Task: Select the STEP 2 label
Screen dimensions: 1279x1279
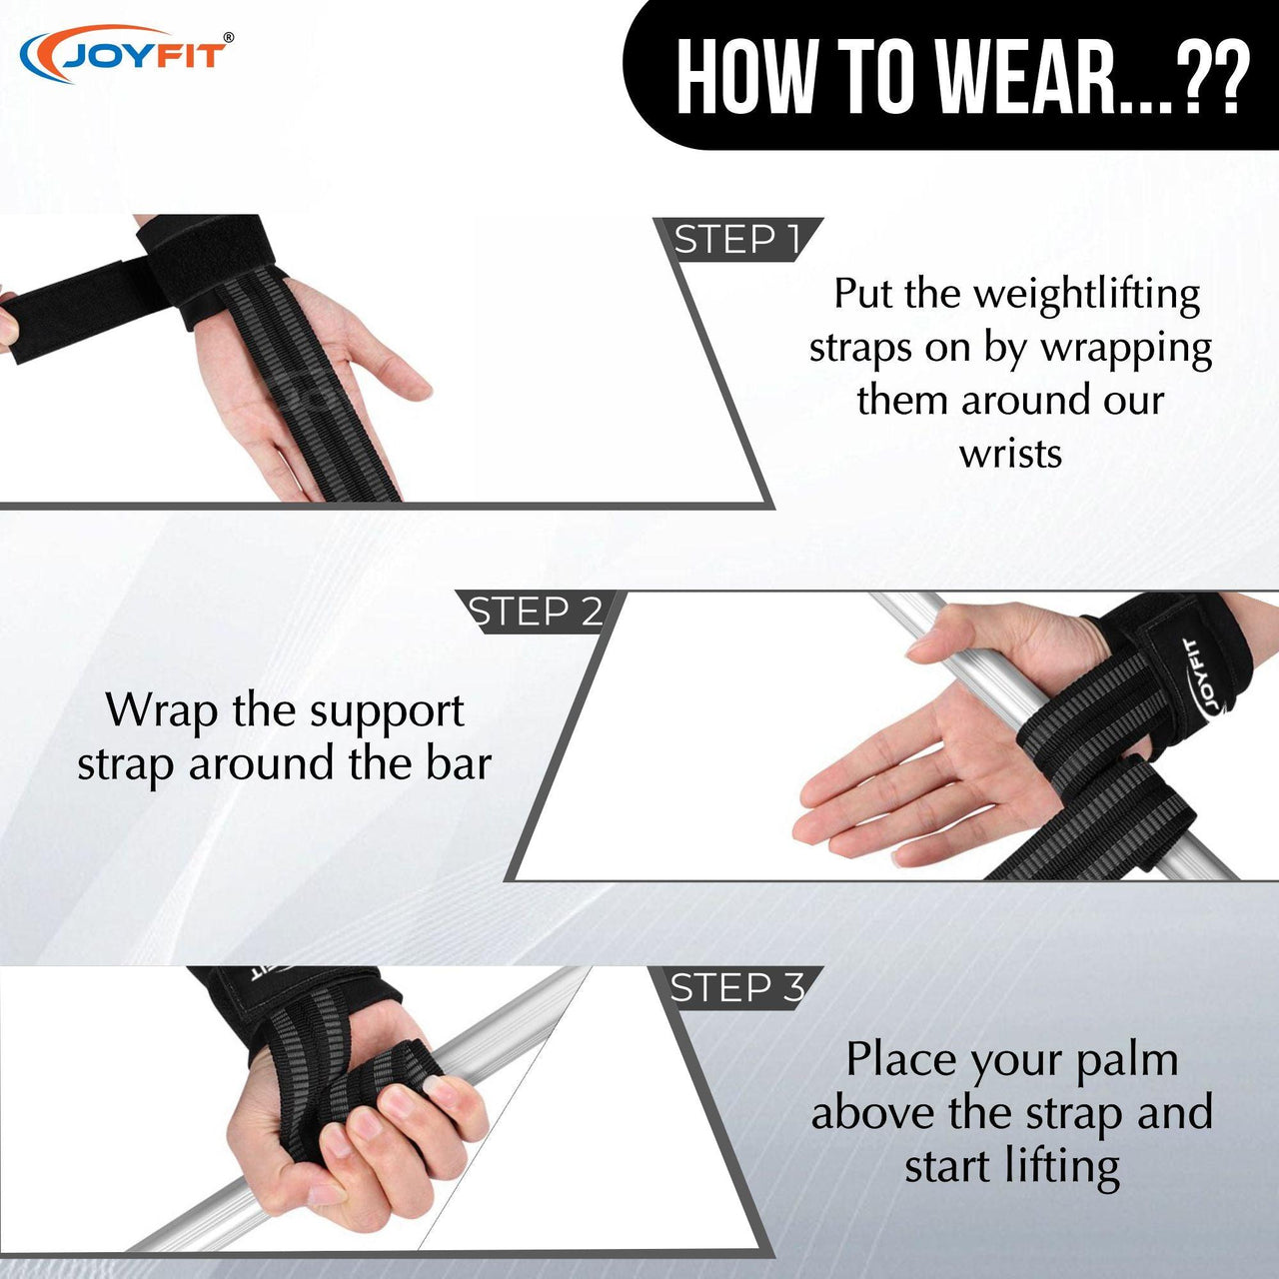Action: (535, 612)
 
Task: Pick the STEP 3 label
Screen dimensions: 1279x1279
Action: (737, 988)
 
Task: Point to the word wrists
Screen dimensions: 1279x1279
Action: (1011, 455)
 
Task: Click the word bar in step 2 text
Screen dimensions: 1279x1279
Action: (458, 764)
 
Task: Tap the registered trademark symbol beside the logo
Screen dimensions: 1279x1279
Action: (229, 38)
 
